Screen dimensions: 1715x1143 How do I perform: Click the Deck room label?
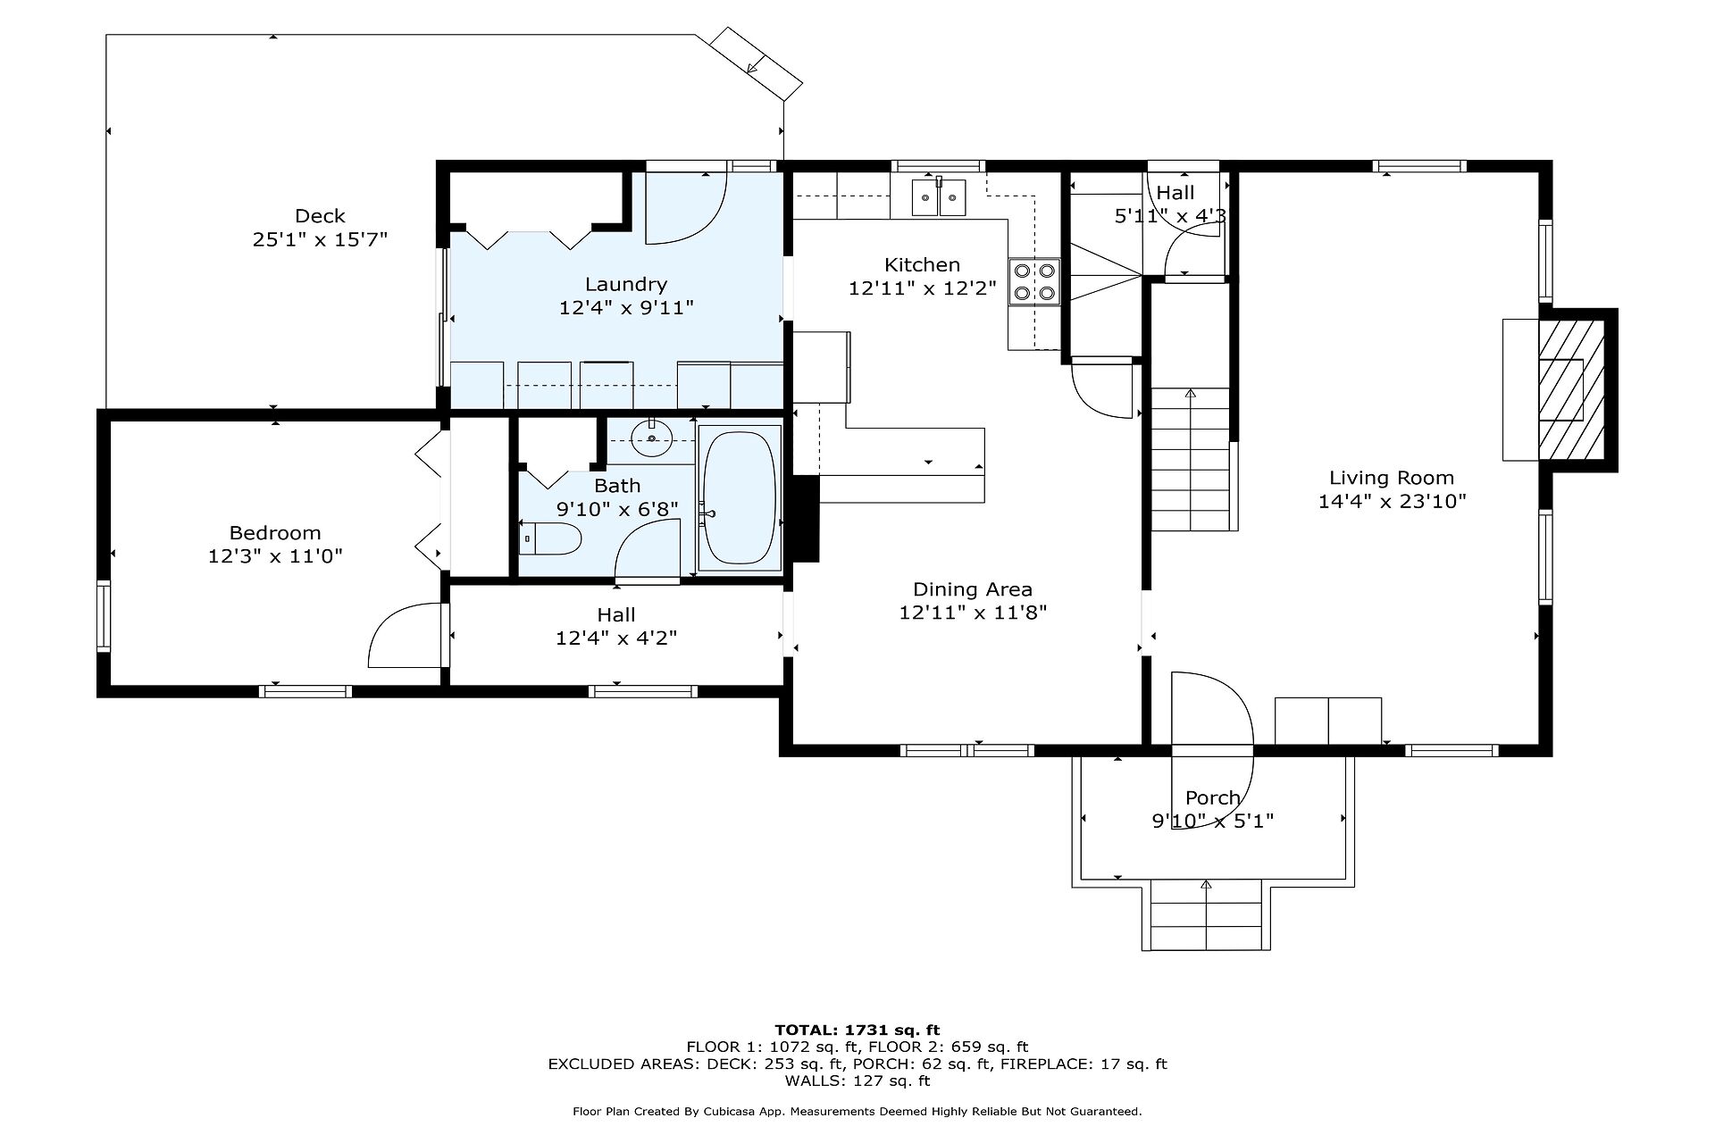coord(320,216)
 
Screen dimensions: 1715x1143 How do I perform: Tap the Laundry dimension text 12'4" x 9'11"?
coord(626,308)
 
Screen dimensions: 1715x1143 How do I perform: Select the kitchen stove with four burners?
coord(1034,281)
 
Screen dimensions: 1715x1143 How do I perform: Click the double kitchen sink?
coord(939,197)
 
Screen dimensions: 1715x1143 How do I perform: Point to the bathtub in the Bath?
coord(739,497)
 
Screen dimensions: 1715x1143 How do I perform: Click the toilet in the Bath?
coord(550,539)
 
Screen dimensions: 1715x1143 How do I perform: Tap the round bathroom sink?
coord(652,438)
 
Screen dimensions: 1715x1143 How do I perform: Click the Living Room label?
coord(1392,478)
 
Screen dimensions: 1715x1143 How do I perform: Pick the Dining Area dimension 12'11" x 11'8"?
coord(973,613)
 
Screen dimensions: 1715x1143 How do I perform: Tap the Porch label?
coord(1212,797)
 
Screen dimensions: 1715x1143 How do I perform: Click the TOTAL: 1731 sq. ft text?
coord(857,1030)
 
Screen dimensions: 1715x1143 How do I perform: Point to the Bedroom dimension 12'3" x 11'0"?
coord(275,556)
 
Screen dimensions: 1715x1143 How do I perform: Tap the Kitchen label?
coord(922,264)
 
